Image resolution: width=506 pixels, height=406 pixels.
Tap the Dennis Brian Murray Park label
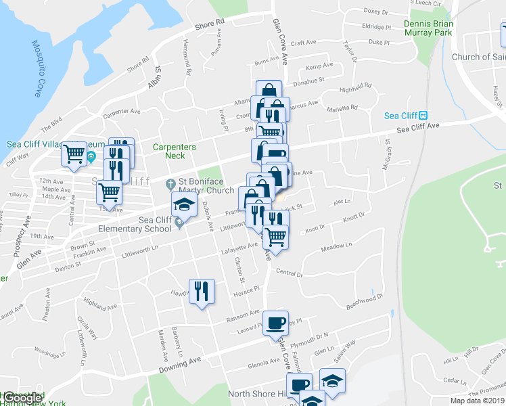pos(437,28)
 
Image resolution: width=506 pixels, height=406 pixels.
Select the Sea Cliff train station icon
pos(423,116)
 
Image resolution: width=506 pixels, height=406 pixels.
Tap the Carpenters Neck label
pos(174,151)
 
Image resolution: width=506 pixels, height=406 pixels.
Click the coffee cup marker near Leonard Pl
pos(275,323)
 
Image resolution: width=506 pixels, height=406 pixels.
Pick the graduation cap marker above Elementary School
pos(184,204)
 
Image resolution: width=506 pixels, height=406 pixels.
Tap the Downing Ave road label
pos(181,365)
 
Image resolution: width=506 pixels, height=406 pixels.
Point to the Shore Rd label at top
pos(209,24)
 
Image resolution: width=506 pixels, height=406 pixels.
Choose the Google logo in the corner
pos(22,399)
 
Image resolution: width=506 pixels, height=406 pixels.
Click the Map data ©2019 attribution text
pos(478,400)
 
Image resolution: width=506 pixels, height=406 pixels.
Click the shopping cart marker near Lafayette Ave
pos(275,237)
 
